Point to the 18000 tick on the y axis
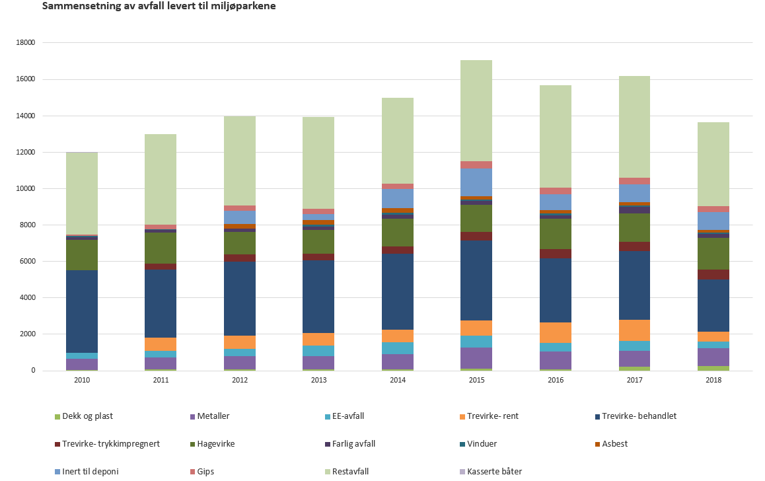pyautogui.click(x=26, y=43)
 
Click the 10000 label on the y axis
pyautogui.click(x=26, y=189)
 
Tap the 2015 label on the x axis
pyautogui.click(x=476, y=381)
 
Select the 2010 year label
pyautogui.click(x=82, y=381)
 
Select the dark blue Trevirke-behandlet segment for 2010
pyautogui.click(x=82, y=311)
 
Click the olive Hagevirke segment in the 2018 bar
pyautogui.click(x=713, y=254)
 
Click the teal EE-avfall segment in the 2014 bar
pyautogui.click(x=398, y=348)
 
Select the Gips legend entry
pyautogui.click(x=205, y=472)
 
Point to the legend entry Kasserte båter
pyautogui.click(x=494, y=472)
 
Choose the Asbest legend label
pyautogui.click(x=614, y=444)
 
